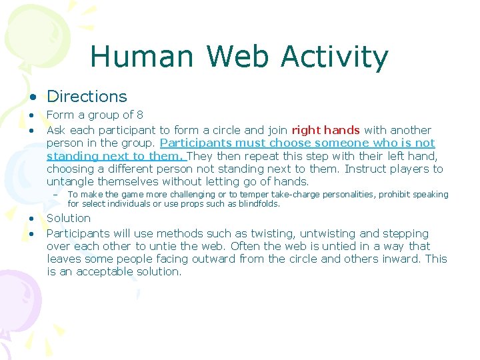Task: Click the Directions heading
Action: click(x=87, y=97)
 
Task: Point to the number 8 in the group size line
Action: click(x=139, y=115)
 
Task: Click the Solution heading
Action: click(x=69, y=218)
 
